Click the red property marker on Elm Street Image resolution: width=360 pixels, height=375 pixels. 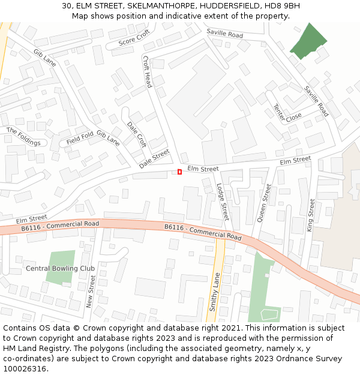coord(179,172)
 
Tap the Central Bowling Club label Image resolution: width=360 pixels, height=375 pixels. coord(60,268)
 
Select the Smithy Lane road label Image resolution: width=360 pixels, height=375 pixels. coord(215,292)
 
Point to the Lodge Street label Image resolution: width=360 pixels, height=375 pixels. coord(223,202)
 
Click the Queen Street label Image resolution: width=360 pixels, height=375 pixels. coord(264,203)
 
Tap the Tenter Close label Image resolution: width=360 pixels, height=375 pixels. coord(287,112)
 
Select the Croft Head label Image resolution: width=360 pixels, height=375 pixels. coord(147,72)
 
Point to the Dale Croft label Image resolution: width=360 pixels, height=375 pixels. coord(137,134)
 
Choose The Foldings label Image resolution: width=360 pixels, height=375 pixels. coord(23,136)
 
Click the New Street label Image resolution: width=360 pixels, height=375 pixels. coord(91,292)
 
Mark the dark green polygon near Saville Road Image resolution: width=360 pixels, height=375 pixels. coord(307,41)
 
